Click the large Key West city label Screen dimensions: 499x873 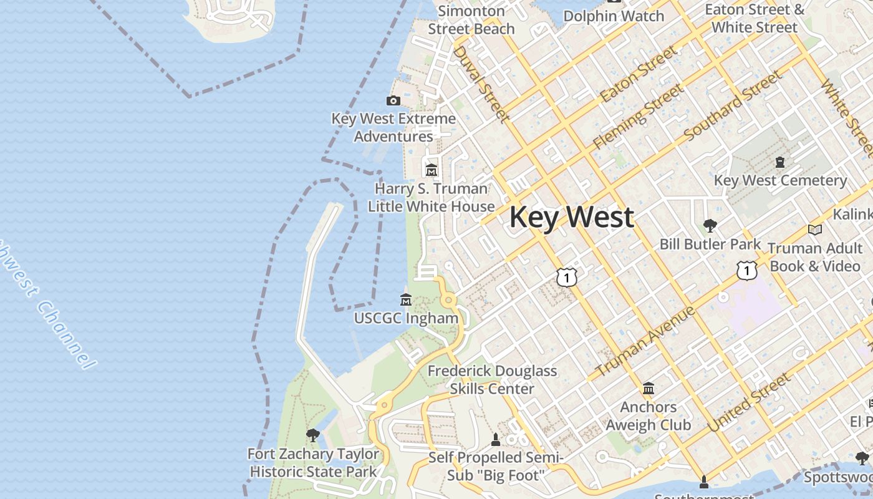tap(572, 217)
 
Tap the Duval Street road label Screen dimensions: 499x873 tap(480, 83)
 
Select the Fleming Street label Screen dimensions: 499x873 tap(638, 117)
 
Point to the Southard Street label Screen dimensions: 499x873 tap(733, 105)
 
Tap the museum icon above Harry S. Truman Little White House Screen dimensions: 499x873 tap(431, 170)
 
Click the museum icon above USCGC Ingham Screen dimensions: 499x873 tap(406, 300)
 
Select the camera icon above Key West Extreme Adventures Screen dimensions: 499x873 tap(393, 100)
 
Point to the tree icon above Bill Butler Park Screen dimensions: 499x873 tap(710, 225)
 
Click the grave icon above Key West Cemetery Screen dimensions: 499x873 tap(780, 162)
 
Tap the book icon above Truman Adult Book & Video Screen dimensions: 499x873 tap(814, 230)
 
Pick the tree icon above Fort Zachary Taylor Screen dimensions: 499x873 tap(313, 435)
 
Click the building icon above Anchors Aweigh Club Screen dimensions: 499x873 tap(649, 389)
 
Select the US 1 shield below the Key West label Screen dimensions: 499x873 tap(566, 276)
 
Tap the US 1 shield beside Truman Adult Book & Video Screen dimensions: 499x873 tap(746, 270)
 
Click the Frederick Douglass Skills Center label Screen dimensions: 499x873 tap(492, 380)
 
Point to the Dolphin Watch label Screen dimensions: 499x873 tap(614, 16)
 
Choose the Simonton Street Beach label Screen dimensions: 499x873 tap(471, 20)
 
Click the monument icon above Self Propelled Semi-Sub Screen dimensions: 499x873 tap(496, 439)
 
